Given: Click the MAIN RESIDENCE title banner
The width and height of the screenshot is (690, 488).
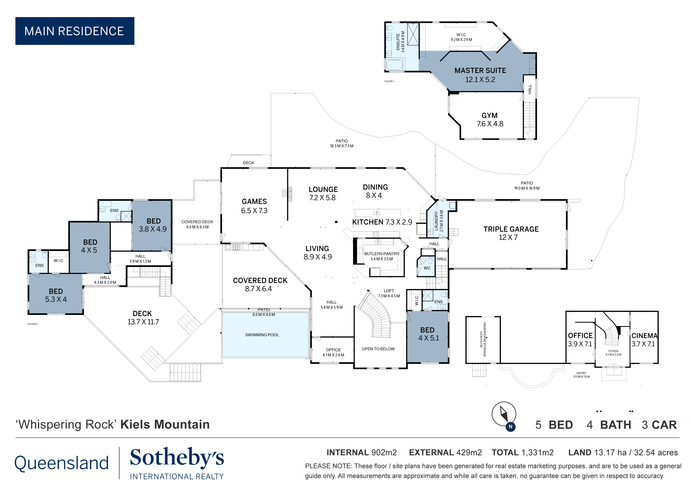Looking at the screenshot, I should coord(75,31).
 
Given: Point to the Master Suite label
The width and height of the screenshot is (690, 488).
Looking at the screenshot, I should coord(480,75).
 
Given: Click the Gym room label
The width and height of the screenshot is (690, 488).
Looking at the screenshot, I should coord(490,119).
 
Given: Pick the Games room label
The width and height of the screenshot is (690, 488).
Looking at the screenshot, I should coord(254,206).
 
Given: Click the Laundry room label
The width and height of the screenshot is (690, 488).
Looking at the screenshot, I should coord(438,221).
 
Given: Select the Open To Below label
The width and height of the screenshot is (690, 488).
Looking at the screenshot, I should coord(378,349).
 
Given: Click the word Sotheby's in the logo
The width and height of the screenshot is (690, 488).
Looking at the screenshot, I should coord(177,458).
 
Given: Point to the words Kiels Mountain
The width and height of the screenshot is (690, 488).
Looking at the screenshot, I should coord(165,424).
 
